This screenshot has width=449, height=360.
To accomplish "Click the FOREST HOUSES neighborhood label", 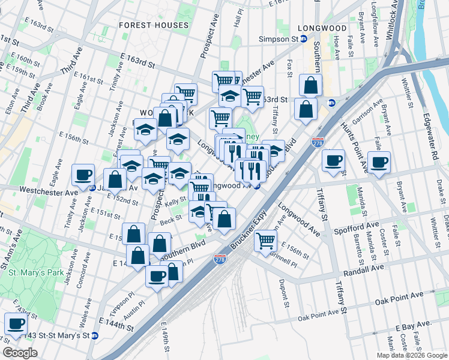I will pos(154,25).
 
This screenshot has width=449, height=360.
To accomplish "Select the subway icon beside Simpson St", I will pos(304,38).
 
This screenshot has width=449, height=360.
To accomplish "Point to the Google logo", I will pos(20,353).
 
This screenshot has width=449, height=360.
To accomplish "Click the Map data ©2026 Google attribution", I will pos(411,355).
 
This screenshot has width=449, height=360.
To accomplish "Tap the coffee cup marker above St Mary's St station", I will pos(16,324).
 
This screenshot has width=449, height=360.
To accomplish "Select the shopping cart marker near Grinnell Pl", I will pos(265,241).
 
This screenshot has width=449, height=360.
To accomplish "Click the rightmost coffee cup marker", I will pos(379,161).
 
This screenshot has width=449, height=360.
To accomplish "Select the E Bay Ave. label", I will pos(413,325).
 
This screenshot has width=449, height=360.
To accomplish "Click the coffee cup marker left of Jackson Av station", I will pos(83,175).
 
